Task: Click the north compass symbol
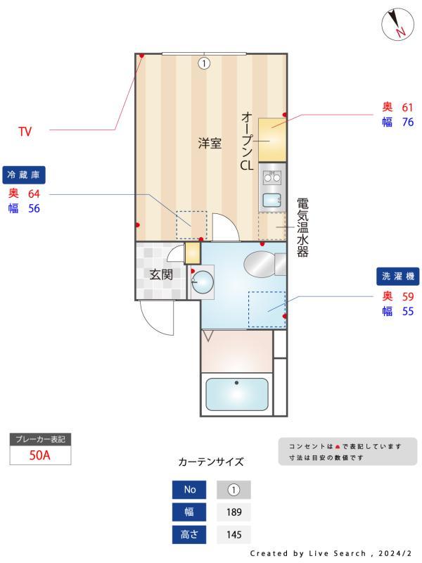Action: coord(397,25)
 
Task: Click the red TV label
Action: coord(25,131)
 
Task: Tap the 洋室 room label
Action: coord(210,144)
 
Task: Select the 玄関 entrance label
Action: coord(160,274)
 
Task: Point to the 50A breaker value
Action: coord(40,455)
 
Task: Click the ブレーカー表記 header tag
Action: coord(40,439)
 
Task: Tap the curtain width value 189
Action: coord(234,512)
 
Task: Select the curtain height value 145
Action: coord(234,534)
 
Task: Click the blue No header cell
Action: coord(190,489)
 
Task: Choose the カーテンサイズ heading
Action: coord(211,462)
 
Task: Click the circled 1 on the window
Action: coord(204,63)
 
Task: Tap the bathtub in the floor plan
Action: coord(236,395)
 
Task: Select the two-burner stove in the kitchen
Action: coord(271,176)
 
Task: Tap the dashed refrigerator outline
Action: coord(191,225)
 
